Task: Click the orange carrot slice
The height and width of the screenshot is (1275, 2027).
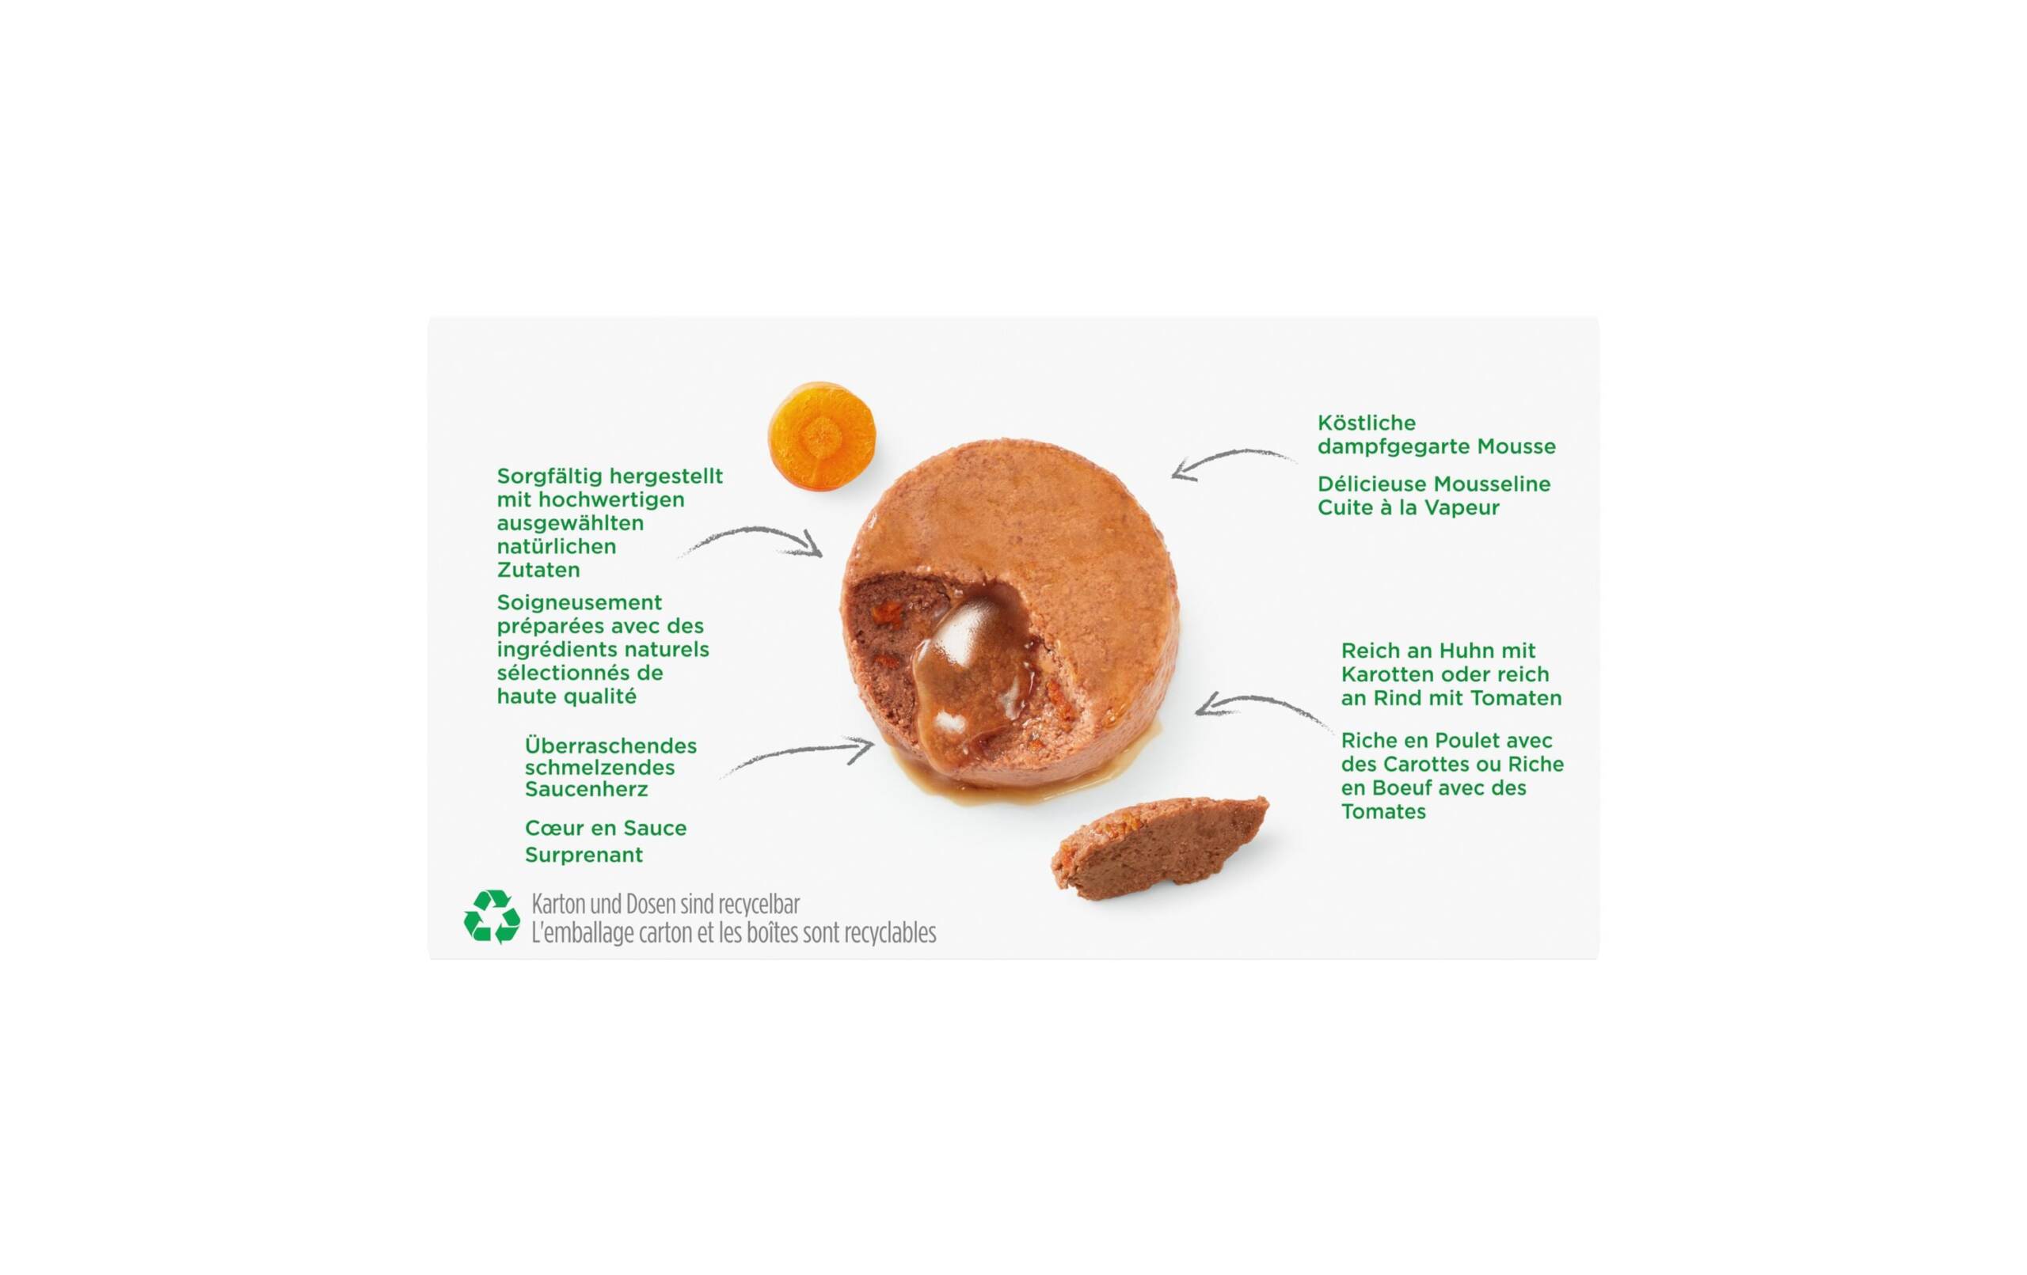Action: point(821,437)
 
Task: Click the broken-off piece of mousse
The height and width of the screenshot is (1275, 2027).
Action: point(1159,848)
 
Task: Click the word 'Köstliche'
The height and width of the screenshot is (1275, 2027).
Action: point(1366,423)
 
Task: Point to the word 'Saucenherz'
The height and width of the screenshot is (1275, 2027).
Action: point(586,789)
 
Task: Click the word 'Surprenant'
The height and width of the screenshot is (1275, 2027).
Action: point(584,854)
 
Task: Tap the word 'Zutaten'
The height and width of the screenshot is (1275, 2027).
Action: point(538,570)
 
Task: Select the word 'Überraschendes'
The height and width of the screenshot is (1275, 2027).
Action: point(610,746)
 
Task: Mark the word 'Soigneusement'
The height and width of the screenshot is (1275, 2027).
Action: point(579,603)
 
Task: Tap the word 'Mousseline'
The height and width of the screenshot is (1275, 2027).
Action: point(1491,484)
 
